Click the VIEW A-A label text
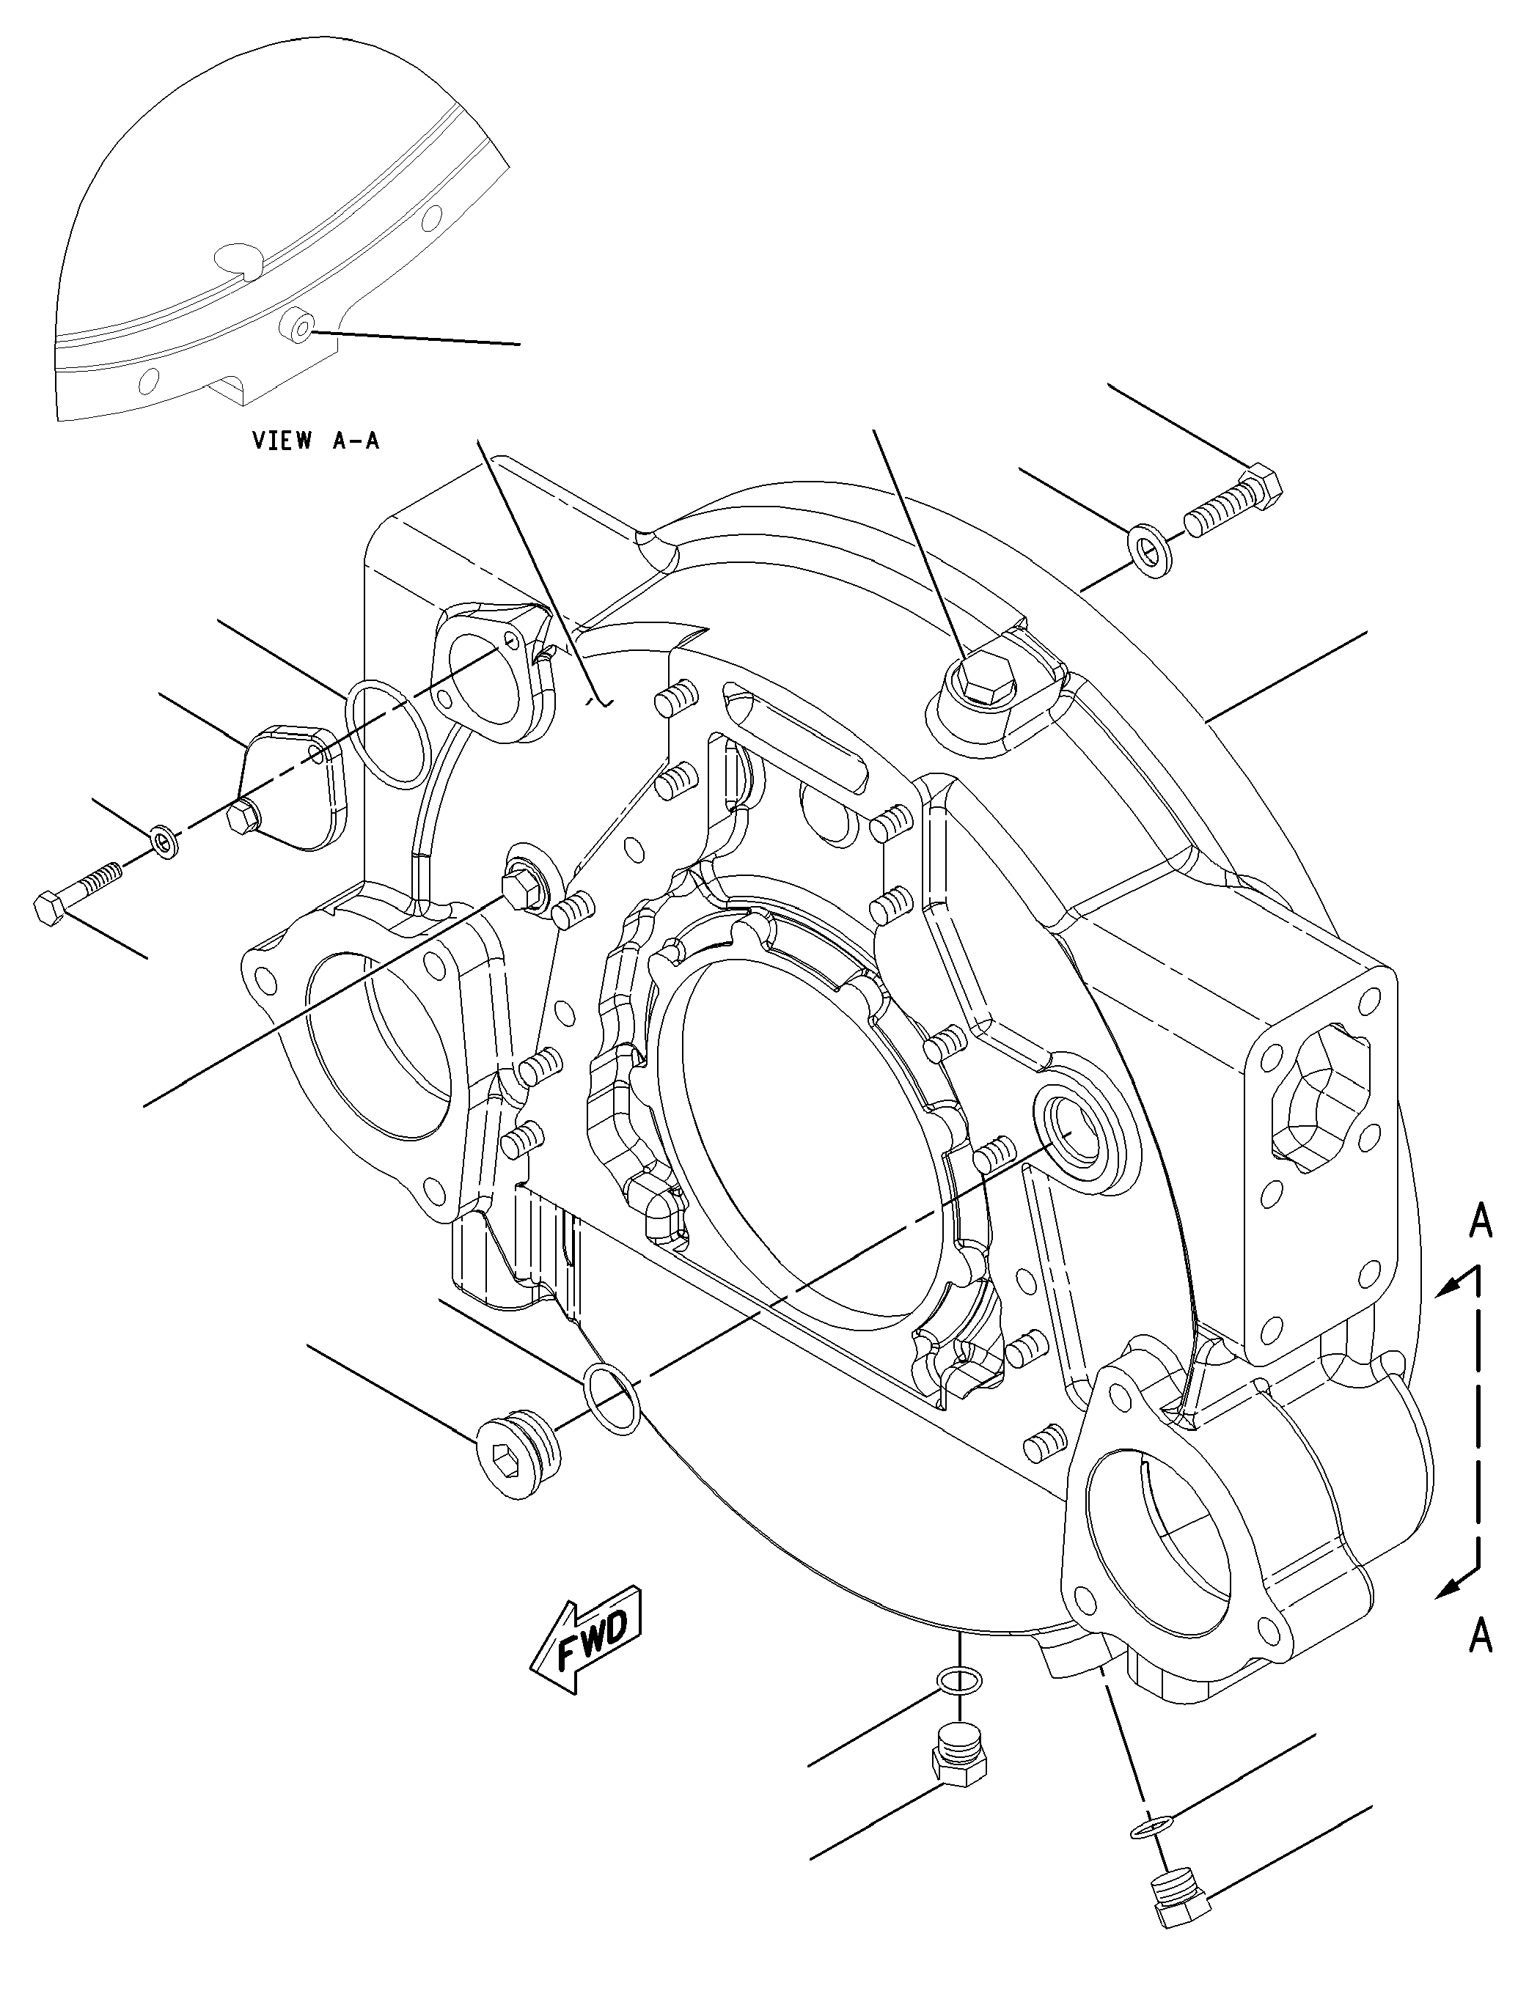click(315, 441)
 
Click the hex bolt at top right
click(1233, 504)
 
